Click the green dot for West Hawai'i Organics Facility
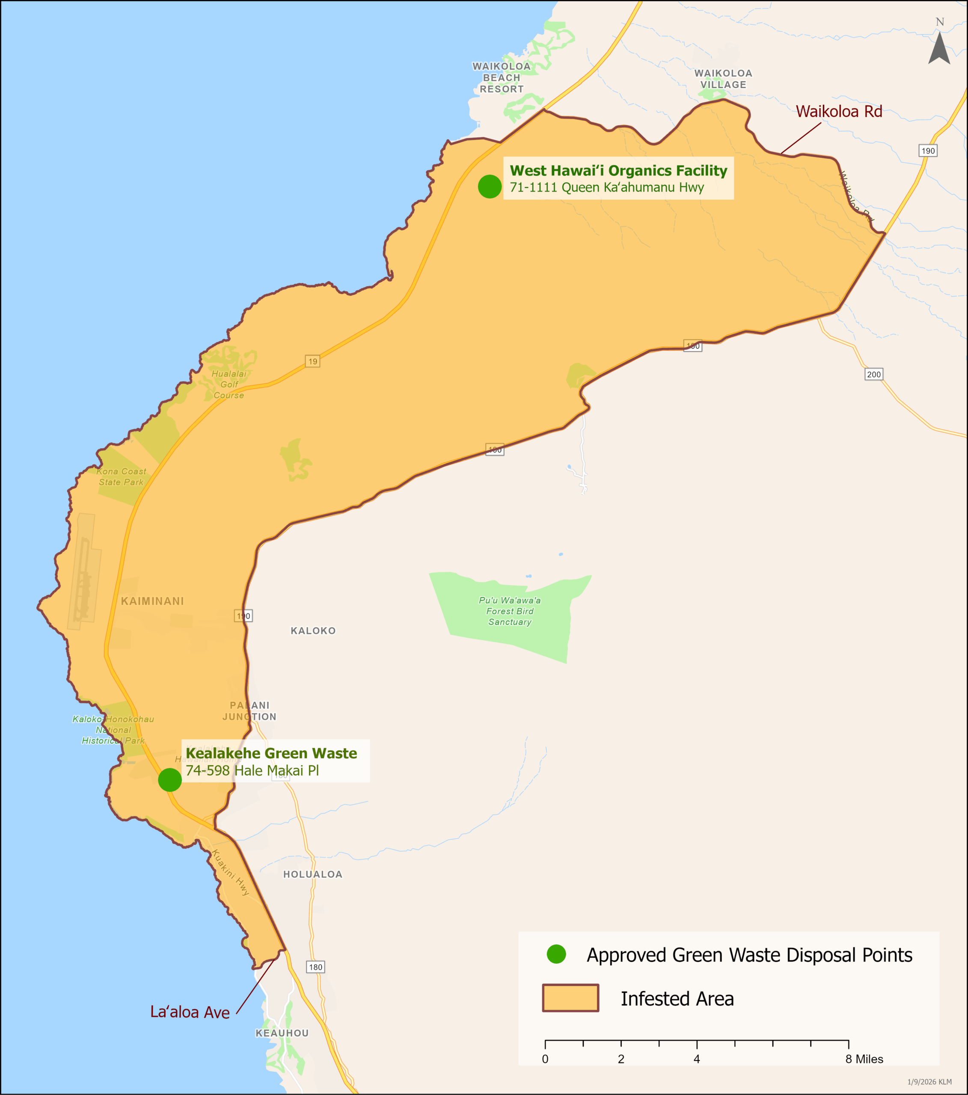pyautogui.click(x=490, y=186)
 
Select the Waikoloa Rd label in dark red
pyautogui.click(x=838, y=112)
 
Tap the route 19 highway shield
pyautogui.click(x=312, y=361)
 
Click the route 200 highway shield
pyautogui.click(x=874, y=374)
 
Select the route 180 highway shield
pyautogui.click(x=316, y=967)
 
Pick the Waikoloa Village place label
pyautogui.click(x=723, y=79)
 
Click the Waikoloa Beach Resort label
pyautogui.click(x=501, y=78)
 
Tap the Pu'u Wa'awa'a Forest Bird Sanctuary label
pyautogui.click(x=509, y=611)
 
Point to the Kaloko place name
pyautogui.click(x=313, y=630)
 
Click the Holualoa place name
pyautogui.click(x=312, y=874)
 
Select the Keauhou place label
pyautogui.click(x=282, y=1033)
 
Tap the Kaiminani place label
pyautogui.click(x=152, y=601)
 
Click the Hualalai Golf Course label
pyautogui.click(x=229, y=384)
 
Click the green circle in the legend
pyautogui.click(x=556, y=954)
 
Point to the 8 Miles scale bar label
pyautogui.click(x=864, y=1059)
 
